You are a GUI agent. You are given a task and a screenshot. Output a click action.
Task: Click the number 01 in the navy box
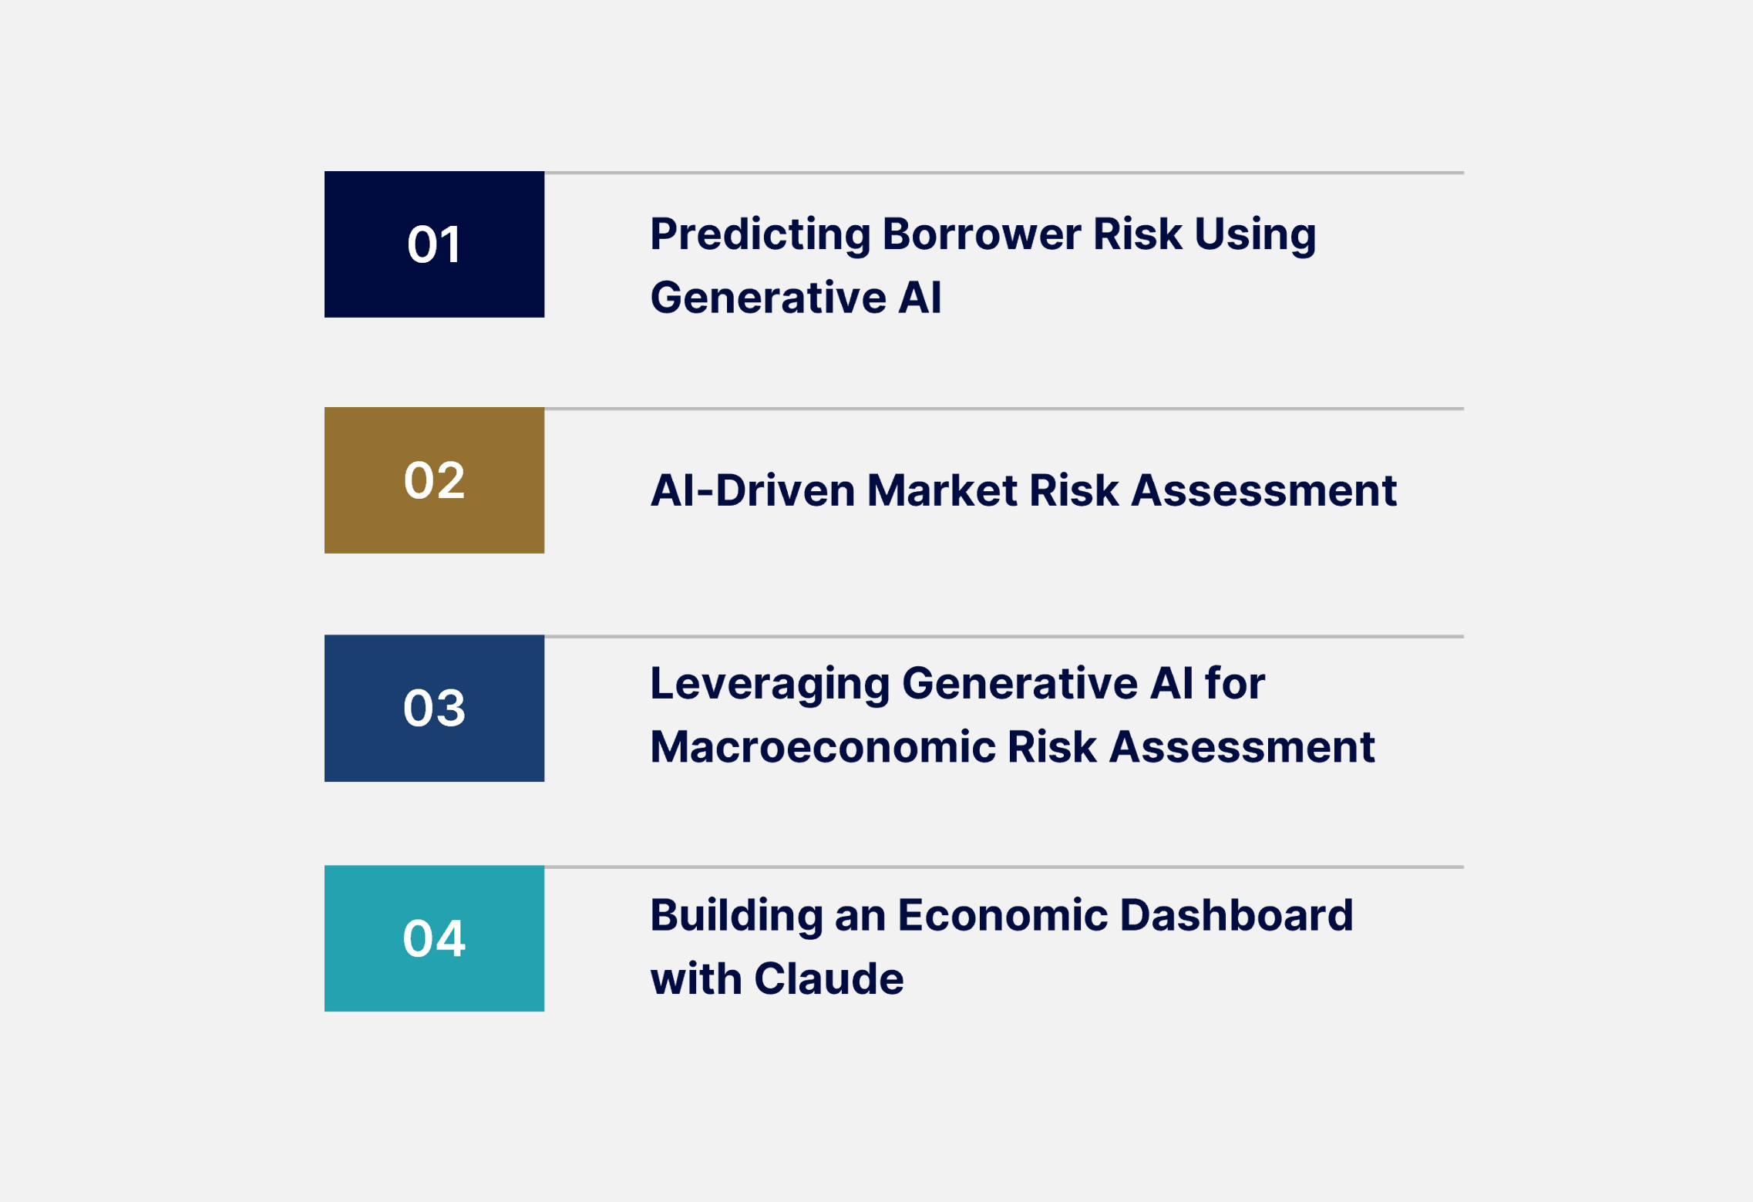point(434,245)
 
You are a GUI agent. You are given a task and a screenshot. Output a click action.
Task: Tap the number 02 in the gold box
point(434,480)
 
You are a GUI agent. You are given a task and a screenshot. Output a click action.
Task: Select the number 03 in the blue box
point(434,708)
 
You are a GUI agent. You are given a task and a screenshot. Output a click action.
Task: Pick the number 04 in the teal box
point(434,938)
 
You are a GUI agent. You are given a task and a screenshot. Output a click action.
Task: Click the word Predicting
point(759,235)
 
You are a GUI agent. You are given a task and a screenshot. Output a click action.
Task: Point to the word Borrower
point(981,234)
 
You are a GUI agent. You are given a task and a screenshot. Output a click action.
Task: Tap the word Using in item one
point(1255,235)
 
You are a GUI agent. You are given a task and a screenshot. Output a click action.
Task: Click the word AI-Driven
point(752,490)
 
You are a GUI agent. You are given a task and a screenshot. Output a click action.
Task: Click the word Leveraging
point(769,685)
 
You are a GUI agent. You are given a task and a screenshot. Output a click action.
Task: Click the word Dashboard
point(1236,915)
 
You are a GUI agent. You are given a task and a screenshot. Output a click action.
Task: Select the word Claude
point(829,979)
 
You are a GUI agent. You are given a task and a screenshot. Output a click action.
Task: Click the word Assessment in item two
point(1263,490)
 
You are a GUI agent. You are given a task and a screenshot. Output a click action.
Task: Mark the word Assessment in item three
point(1242,747)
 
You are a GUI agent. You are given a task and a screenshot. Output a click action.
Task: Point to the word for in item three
point(1235,683)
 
